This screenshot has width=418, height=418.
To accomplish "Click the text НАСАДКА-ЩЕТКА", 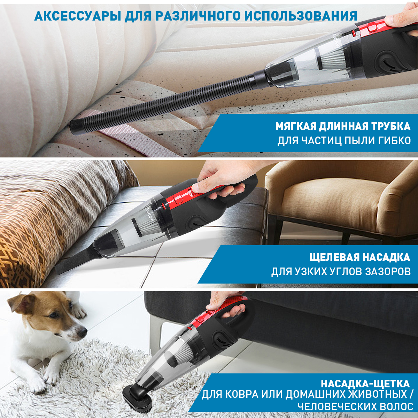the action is point(365,384).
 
